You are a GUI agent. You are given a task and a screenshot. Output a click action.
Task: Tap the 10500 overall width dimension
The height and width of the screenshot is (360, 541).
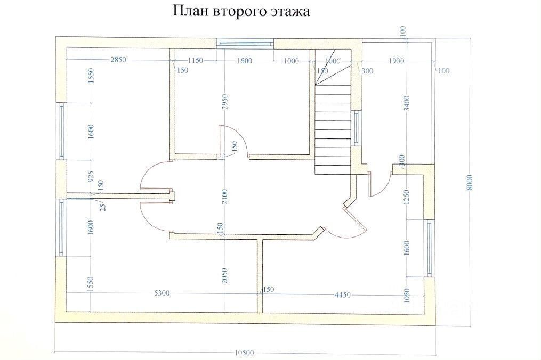coord(244,353)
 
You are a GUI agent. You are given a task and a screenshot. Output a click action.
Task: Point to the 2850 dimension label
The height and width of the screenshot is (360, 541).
coord(118,60)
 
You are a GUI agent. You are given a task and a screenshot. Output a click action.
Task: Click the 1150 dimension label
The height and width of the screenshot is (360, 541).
coord(195,60)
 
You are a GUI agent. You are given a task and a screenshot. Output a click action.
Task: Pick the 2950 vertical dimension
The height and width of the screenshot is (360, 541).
coord(225,102)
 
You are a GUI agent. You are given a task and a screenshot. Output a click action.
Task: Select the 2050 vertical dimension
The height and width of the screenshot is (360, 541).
coord(224,275)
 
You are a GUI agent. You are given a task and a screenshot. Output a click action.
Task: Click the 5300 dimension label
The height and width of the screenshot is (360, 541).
coord(162,293)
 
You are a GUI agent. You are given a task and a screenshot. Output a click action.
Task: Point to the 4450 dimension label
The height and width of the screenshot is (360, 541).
coord(343,295)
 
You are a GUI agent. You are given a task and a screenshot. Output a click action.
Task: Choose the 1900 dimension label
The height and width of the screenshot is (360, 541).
coord(396,61)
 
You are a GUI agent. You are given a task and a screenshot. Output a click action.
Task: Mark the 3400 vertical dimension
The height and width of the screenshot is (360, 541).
coord(407,103)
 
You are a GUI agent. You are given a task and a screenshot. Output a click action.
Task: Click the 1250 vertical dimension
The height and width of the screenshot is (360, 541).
coord(407,197)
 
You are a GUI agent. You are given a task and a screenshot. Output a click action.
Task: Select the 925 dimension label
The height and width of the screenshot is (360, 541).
coord(91,176)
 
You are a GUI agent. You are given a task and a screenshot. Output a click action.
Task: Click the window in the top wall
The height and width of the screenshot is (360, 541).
coord(245,44)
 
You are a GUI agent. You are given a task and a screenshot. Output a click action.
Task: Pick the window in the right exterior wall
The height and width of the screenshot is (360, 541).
coord(429,248)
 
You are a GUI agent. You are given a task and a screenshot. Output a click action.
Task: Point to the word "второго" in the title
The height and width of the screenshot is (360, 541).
coord(238,11)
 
